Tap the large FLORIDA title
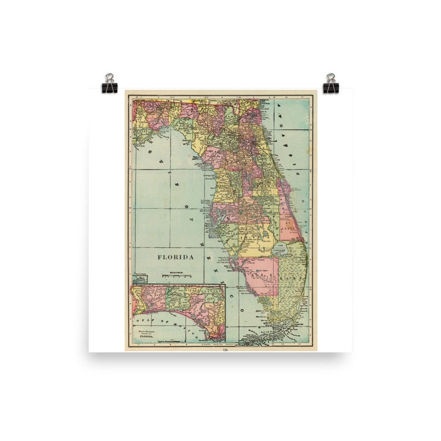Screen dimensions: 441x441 pyautogui.click(x=176, y=257)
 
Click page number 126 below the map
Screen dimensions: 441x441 pyautogui.click(x=225, y=350)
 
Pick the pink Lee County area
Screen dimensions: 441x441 pyautogui.click(x=259, y=275)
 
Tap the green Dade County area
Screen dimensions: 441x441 pyautogui.click(x=292, y=278)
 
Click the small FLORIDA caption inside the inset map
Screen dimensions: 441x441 pyautogui.click(x=145, y=336)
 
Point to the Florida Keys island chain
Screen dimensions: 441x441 pyautogui.click(x=267, y=336)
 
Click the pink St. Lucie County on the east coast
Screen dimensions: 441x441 pyautogui.click(x=289, y=225)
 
